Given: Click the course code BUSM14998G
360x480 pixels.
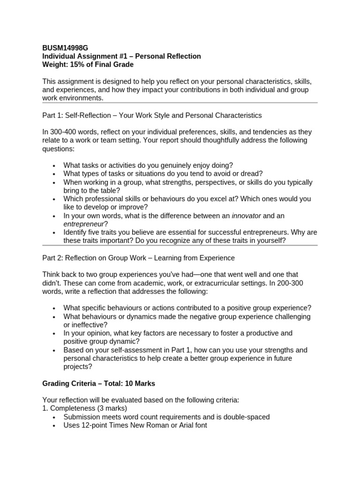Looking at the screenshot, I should click(65, 48).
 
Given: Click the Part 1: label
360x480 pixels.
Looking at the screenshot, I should click(54, 115).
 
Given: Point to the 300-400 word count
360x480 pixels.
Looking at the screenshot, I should click(65, 132).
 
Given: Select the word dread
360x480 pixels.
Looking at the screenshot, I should click(252, 173).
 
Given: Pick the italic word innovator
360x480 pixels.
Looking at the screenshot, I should click(246, 216).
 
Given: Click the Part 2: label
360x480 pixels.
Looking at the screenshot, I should click(54, 258).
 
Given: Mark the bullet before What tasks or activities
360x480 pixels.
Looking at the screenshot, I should click(55, 165).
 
